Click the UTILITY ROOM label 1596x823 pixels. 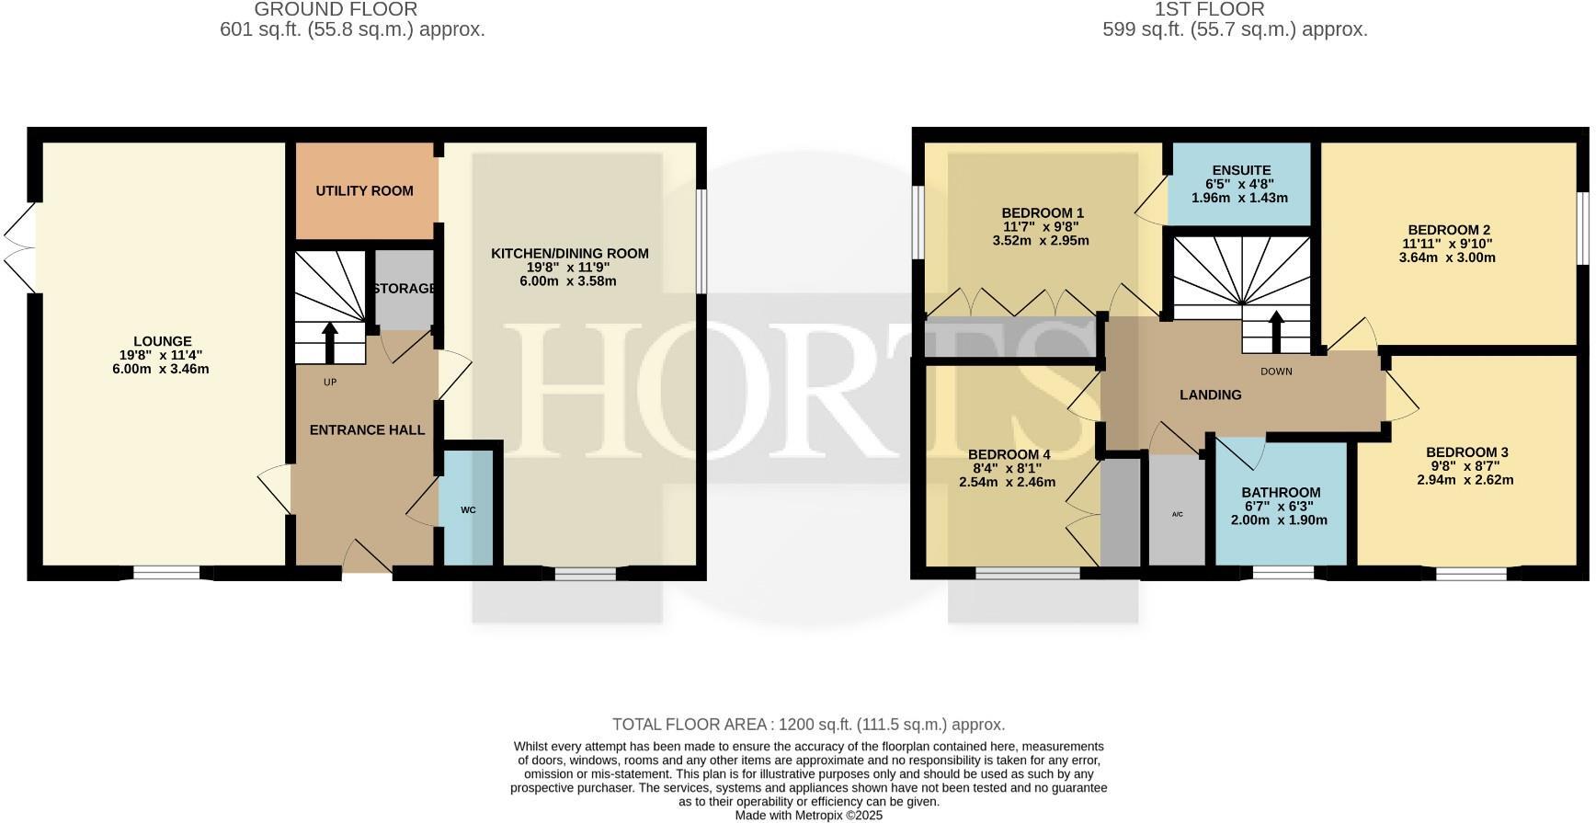tap(364, 191)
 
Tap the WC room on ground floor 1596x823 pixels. tap(468, 509)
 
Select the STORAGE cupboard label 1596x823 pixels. tap(405, 289)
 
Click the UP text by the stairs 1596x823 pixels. tap(330, 382)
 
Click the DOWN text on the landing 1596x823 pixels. tap(1276, 371)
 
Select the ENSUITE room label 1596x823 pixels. tap(1241, 170)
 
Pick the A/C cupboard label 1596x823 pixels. tap(1178, 514)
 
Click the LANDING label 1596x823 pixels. tap(1210, 394)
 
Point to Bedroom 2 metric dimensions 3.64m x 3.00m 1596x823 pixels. tap(1447, 257)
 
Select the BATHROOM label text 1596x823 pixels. tap(1281, 492)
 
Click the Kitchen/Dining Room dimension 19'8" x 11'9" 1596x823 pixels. tap(569, 267)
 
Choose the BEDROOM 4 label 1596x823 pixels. tap(1009, 454)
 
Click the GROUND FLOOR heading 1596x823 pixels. tap(336, 9)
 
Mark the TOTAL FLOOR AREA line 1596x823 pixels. tap(808, 725)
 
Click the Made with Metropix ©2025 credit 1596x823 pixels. tap(808, 816)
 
